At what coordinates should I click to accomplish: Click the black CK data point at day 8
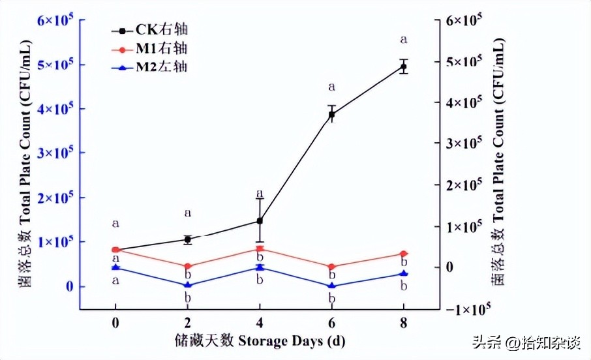pyautogui.click(x=403, y=67)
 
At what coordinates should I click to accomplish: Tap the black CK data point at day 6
pyautogui.click(x=331, y=115)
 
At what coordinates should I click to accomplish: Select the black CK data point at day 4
pyautogui.click(x=260, y=221)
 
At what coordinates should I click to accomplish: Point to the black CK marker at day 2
pyautogui.click(x=188, y=239)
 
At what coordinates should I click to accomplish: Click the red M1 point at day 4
pyautogui.click(x=260, y=248)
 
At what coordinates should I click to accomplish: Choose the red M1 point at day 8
pyautogui.click(x=403, y=254)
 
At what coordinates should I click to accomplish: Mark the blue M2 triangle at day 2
pyautogui.click(x=188, y=284)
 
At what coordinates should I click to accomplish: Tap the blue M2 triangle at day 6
pyautogui.click(x=331, y=285)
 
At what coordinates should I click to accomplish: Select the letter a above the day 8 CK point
pyautogui.click(x=403, y=40)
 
